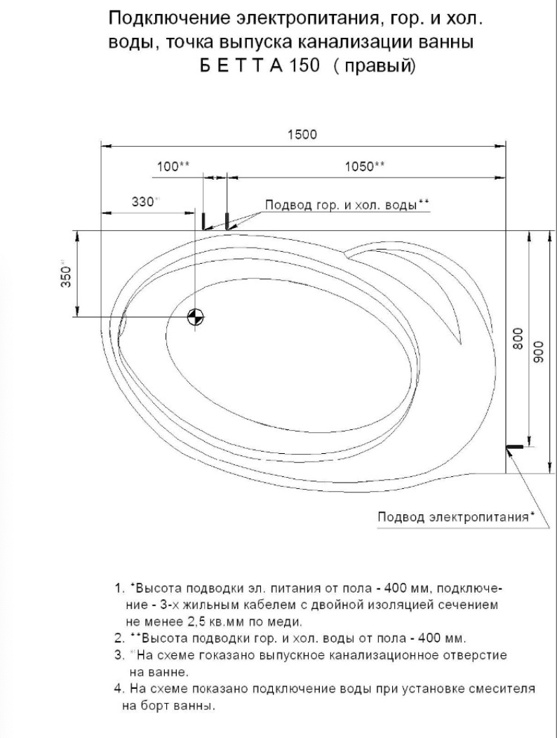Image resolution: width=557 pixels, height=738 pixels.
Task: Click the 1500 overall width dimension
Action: pos(303,135)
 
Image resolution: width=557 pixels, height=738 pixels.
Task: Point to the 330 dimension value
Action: pos(143,201)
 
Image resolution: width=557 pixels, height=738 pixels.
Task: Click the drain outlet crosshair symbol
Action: pos(196,317)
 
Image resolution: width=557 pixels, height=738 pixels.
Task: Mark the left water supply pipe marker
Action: pos(203,221)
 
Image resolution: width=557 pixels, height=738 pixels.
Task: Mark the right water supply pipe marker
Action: pos(227,221)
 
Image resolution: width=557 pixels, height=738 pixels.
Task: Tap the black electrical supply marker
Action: pos(516,446)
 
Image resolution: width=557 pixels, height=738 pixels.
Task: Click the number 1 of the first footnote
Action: pos(118,586)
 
